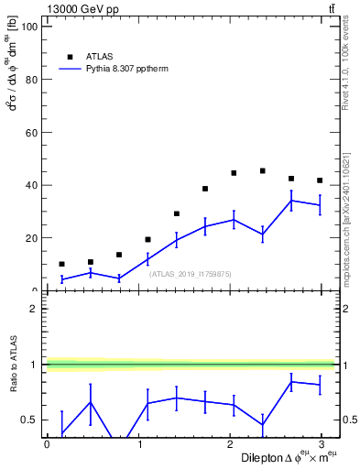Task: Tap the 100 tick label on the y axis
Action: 28,27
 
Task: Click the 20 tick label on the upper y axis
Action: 31,238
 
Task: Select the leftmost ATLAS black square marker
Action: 61,264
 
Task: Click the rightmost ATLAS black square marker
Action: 320,180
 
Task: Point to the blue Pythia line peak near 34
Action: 291,201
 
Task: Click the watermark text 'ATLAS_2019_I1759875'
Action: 191,274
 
